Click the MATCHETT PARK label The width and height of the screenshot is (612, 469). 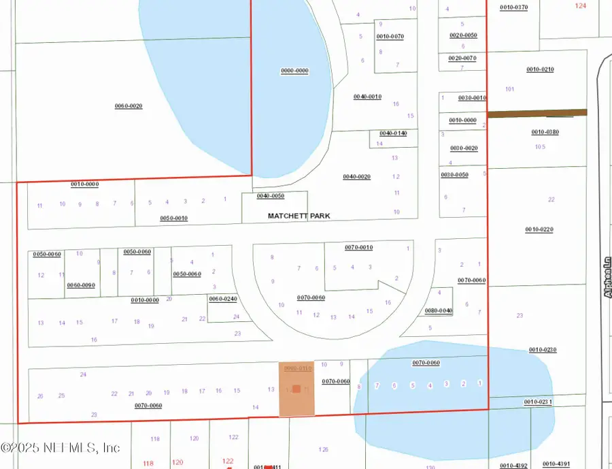click(299, 216)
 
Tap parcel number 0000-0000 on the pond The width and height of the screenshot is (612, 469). click(294, 71)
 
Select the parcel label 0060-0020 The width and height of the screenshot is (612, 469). click(128, 106)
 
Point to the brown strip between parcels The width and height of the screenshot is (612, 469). click(537, 112)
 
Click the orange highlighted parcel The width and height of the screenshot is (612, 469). click(297, 389)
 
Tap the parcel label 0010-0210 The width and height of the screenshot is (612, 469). click(540, 69)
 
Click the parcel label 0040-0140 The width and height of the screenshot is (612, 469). click(393, 133)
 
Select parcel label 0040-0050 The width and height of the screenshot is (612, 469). click(270, 196)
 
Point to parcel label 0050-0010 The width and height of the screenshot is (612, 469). click(173, 219)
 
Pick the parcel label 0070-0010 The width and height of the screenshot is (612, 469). click(358, 247)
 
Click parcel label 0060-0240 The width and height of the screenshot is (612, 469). click(222, 299)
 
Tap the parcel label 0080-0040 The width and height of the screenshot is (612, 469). click(439, 310)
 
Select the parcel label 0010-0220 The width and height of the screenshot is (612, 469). click(539, 229)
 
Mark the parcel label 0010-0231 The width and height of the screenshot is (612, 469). click(537, 402)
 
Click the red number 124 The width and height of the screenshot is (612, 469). click(580, 5)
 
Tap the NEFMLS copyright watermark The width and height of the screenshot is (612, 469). click(61, 447)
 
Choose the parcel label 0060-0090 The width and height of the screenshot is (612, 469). click(80, 285)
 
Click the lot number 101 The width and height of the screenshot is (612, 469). click(510, 89)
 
